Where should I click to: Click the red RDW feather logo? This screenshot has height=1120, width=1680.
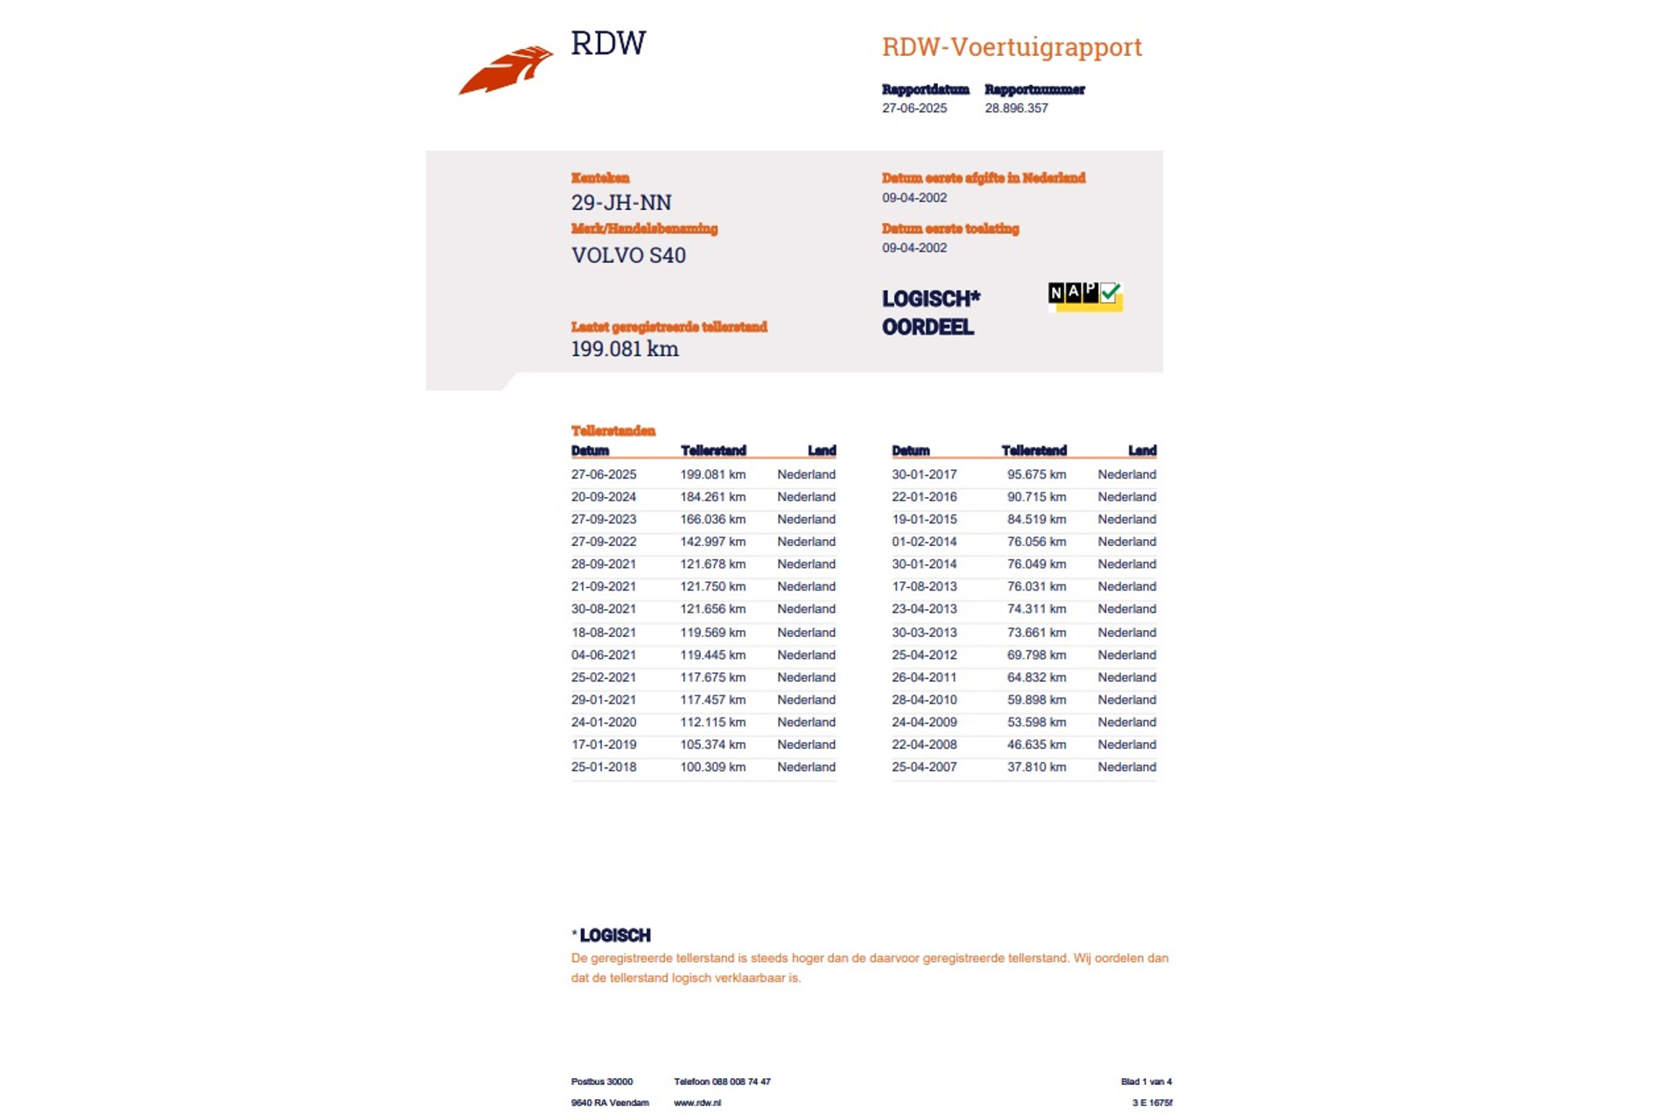click(506, 70)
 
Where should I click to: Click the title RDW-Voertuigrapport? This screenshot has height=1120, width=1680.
click(1011, 46)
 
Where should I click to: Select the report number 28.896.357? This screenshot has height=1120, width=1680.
click(1016, 108)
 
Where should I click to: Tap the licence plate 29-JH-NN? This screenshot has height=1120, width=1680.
click(621, 203)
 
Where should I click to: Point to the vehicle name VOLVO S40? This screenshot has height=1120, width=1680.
click(628, 255)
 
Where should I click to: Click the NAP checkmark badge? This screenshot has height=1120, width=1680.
click(1085, 296)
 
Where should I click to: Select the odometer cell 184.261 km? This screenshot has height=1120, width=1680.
click(712, 497)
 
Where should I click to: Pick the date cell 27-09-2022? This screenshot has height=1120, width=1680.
click(604, 542)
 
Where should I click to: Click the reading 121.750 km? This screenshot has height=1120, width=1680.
click(712, 587)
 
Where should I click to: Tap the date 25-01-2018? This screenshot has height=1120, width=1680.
click(604, 767)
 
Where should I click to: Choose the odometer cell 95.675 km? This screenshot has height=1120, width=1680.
click(1036, 474)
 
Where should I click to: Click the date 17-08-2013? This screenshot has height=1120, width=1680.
click(924, 587)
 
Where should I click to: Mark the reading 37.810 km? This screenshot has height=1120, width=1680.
click(1036, 767)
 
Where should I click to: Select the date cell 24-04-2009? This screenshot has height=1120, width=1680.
click(924, 723)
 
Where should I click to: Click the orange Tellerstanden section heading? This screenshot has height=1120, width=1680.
click(612, 430)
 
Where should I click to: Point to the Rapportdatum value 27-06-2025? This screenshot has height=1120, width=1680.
click(913, 108)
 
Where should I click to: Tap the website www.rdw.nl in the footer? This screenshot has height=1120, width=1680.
click(696, 1102)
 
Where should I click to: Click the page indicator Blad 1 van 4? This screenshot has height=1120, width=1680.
click(1145, 1081)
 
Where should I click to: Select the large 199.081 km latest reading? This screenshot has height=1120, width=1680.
click(625, 349)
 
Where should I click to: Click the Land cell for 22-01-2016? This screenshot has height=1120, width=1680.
click(1126, 497)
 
